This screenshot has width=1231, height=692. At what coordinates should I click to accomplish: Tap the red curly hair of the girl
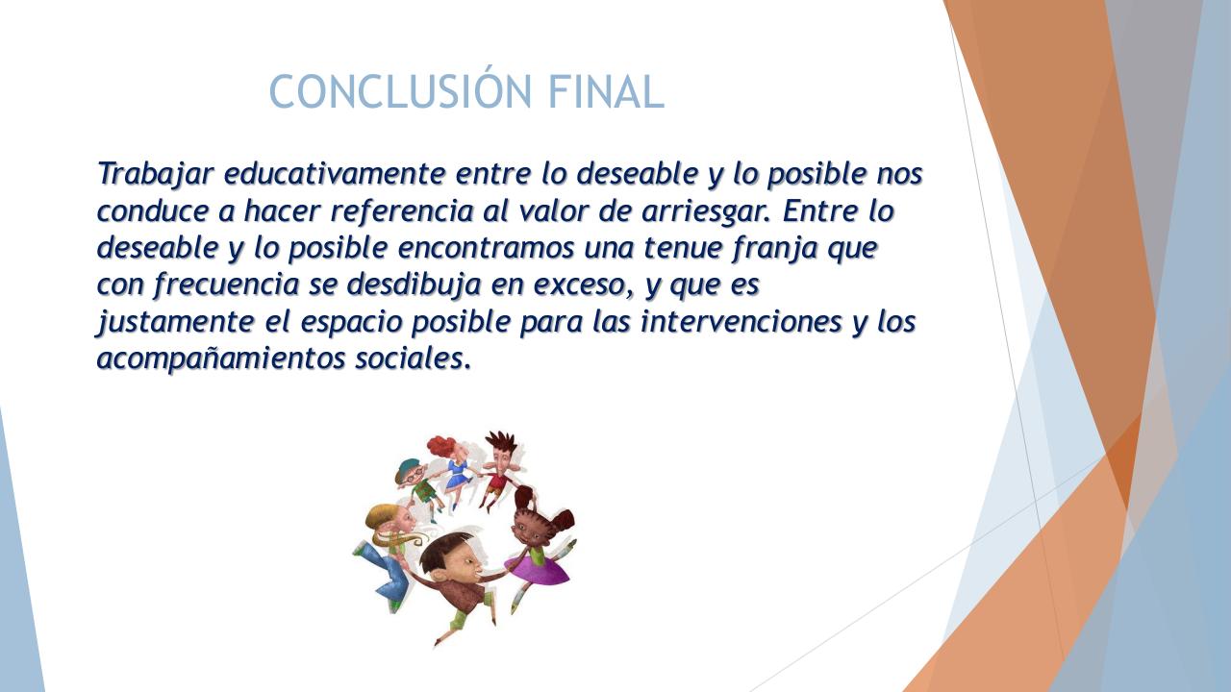[x=443, y=446]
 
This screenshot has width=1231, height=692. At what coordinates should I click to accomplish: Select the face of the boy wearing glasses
[x=412, y=475]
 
